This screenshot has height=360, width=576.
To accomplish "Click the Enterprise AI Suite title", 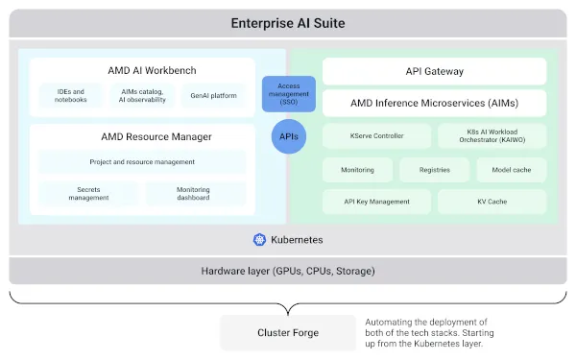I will point(288,23).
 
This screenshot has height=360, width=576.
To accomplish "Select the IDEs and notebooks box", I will point(71,95).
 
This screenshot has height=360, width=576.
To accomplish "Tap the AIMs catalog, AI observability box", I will point(142,95).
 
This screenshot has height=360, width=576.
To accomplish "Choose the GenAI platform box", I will point(213,95).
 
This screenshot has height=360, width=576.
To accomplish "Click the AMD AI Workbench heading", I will point(142,70).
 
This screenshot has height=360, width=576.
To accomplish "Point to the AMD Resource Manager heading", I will point(142,136).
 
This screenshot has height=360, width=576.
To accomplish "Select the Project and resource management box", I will point(142,162).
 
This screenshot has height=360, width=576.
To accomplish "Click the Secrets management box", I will point(87,193).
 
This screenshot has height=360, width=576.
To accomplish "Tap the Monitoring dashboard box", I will point(194,193).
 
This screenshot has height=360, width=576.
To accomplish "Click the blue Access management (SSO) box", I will point(288,94).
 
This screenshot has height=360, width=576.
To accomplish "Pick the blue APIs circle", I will point(288,136).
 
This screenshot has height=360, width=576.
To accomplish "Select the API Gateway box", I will point(434,70).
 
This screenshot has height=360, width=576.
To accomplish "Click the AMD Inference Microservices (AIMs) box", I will point(434,103).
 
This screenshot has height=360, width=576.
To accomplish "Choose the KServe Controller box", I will point(377,136).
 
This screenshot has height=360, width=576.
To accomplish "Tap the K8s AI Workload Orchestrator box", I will point(492,136).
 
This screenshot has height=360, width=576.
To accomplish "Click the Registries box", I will point(434,170).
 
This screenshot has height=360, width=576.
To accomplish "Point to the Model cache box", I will point(511,170).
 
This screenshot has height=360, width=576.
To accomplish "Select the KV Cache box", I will point(492,202).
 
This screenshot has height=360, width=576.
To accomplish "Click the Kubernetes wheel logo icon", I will point(259,239).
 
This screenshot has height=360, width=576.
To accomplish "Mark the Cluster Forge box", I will point(287,333).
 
